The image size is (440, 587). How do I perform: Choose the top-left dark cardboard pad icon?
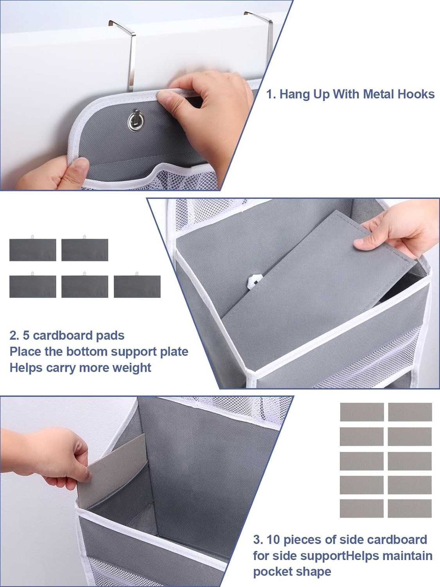pyautogui.click(x=32, y=250)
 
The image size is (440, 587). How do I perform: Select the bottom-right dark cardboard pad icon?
pyautogui.click(x=137, y=286)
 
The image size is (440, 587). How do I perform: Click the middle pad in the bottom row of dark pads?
pyautogui.click(x=85, y=286)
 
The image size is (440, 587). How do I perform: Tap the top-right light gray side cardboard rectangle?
pyautogui.click(x=410, y=412)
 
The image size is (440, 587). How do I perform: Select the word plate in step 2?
pyautogui.click(x=174, y=352)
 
